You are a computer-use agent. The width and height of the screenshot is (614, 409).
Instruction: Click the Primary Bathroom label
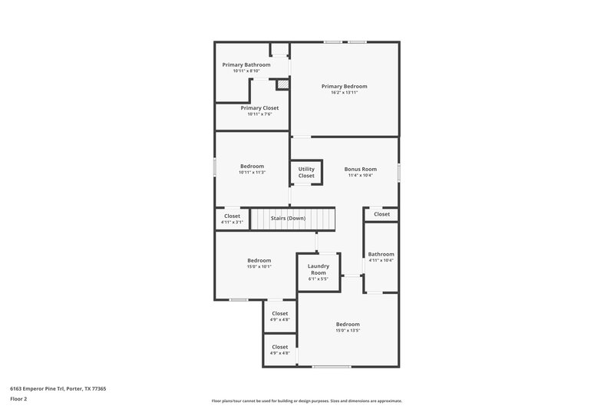[x=246, y=65]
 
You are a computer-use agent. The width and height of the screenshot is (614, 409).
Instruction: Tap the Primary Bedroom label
[x=344, y=86]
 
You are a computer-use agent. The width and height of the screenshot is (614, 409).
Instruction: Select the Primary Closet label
[x=259, y=108]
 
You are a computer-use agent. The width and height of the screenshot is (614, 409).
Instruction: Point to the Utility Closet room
[x=306, y=173]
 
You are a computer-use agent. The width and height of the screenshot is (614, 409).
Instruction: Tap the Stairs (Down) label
[x=288, y=218]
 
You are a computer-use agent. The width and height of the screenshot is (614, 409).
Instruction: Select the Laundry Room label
[x=319, y=269]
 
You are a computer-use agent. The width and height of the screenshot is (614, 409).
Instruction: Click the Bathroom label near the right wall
[x=381, y=254]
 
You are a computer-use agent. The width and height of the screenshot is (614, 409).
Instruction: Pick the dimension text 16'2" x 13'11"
[x=344, y=93]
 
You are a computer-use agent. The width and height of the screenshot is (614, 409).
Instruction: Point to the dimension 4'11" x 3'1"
[x=232, y=223]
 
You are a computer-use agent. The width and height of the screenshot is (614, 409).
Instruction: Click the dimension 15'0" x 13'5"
[x=348, y=331]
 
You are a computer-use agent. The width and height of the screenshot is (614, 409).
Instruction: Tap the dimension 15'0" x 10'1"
[x=259, y=267]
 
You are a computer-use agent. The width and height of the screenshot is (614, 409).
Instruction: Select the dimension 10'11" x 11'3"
[x=252, y=173]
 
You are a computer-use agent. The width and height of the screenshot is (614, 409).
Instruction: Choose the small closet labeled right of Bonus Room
[x=381, y=214]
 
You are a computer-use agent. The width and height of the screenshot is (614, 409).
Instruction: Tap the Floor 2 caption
[x=18, y=399]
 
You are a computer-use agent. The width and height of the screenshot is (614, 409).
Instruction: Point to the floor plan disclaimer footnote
[x=306, y=401]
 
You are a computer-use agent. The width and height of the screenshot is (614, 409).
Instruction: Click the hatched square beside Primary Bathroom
[x=282, y=84]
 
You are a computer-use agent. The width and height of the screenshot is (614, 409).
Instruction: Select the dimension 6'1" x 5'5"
[x=319, y=279]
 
